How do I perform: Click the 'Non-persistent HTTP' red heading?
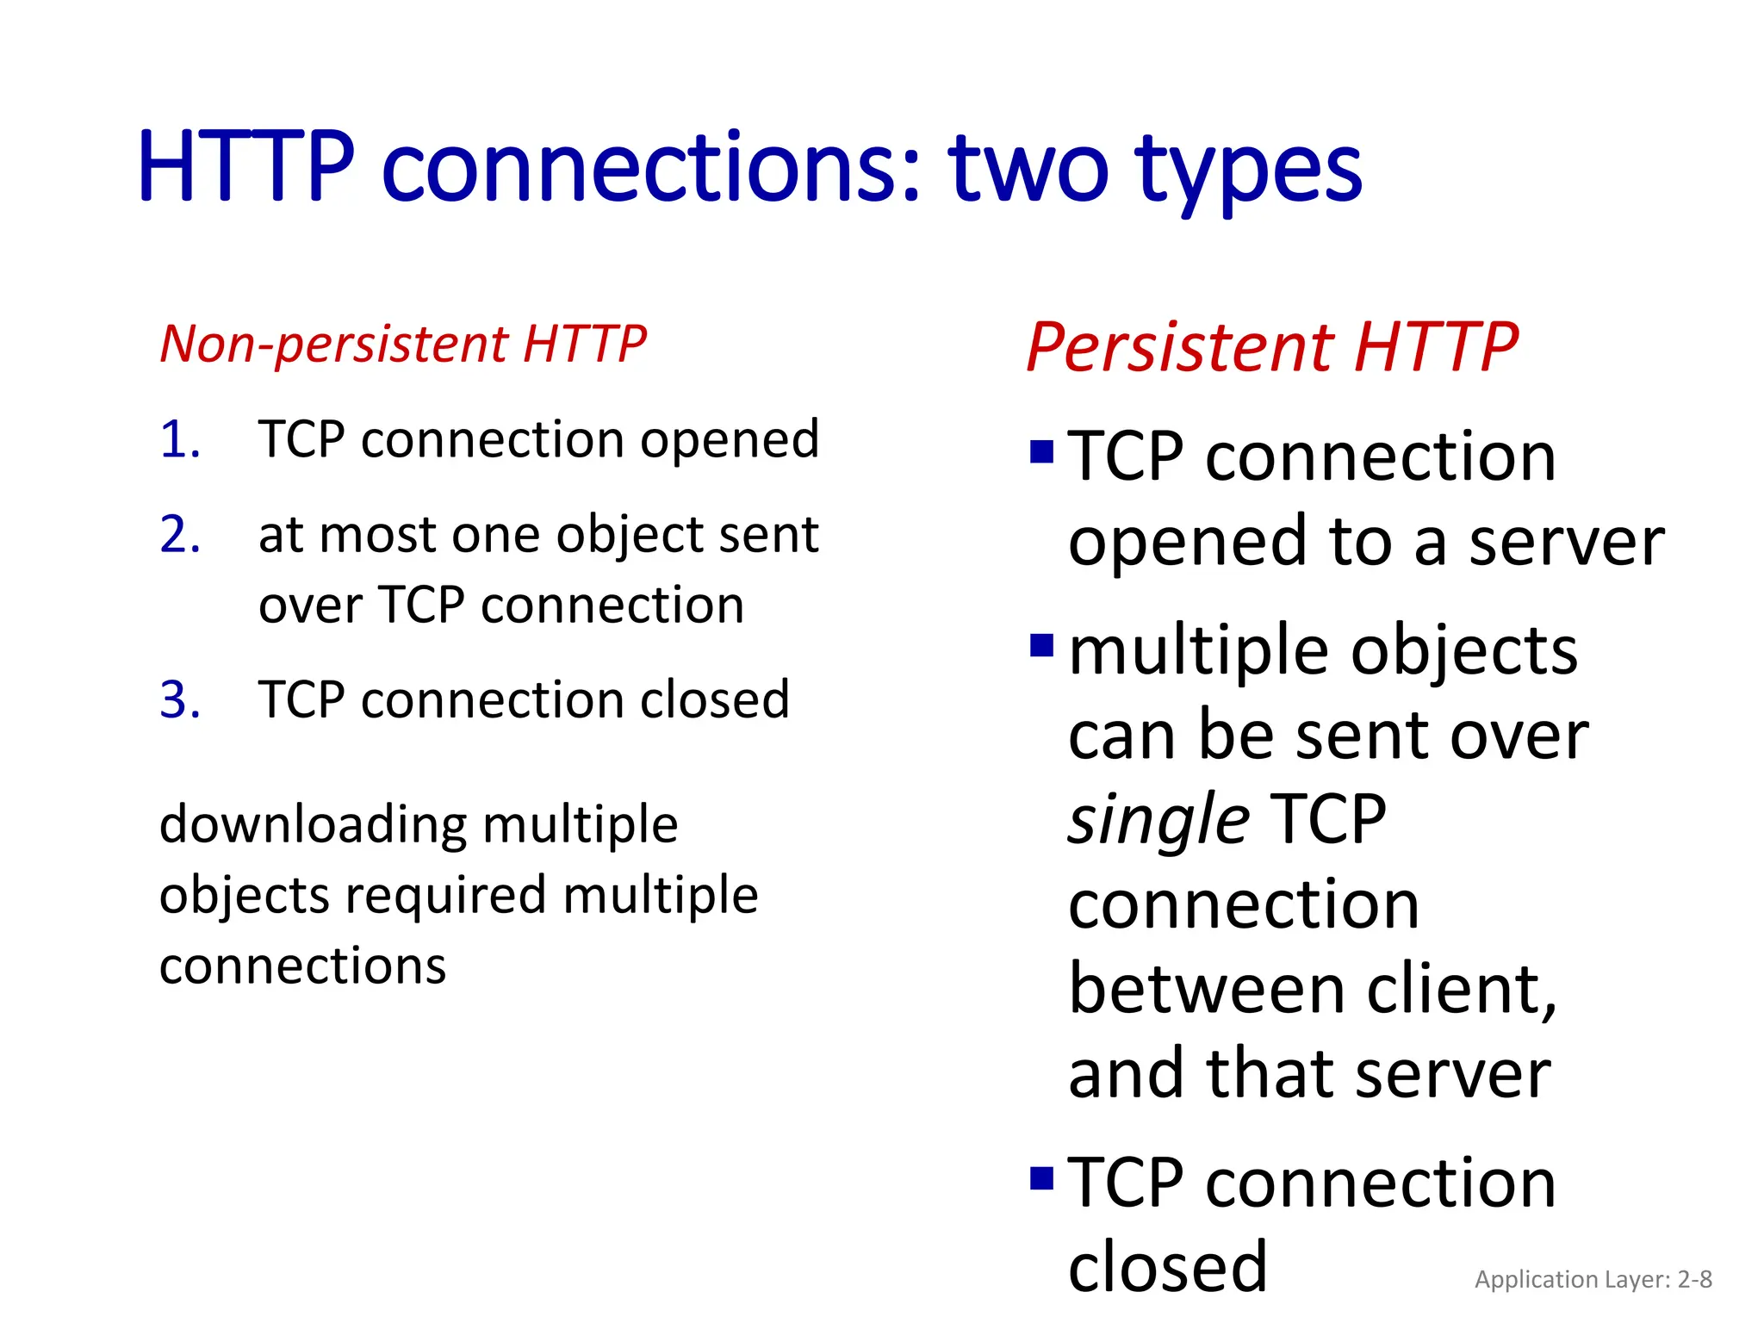point(403,345)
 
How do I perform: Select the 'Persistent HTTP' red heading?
point(1271,347)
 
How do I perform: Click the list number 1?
point(180,440)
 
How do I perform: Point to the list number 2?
point(180,535)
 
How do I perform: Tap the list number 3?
point(180,699)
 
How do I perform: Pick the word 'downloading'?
point(313,826)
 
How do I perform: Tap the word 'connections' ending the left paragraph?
point(302,966)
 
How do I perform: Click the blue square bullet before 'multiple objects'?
point(1041,644)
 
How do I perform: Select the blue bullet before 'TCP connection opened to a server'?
point(1041,451)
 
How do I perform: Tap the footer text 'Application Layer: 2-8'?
point(1593,1279)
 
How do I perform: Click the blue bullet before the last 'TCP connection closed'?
point(1041,1177)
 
